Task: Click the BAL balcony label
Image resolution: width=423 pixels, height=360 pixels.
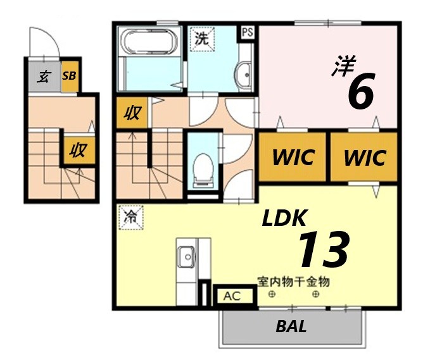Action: (x=291, y=327)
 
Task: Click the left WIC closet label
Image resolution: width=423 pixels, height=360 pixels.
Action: (x=293, y=157)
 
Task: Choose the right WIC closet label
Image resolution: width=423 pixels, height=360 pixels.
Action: (x=364, y=157)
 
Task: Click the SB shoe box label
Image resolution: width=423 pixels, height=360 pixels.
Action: (x=69, y=76)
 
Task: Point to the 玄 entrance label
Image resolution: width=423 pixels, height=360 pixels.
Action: (x=44, y=77)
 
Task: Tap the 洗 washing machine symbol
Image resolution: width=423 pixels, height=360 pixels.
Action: (x=201, y=38)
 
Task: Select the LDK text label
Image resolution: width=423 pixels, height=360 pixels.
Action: (x=285, y=219)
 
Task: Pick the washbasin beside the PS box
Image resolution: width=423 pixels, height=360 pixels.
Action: (x=243, y=74)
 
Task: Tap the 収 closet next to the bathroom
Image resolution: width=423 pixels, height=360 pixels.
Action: (x=132, y=114)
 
